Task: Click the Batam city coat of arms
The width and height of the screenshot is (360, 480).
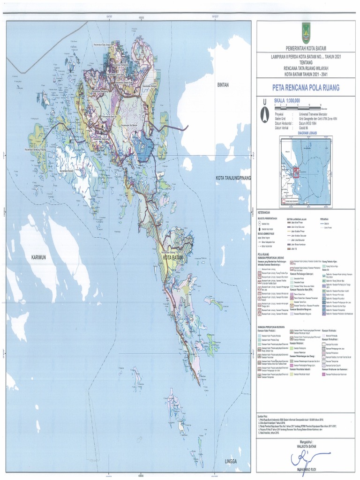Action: (306, 33)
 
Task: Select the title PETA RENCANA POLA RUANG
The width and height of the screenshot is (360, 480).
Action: (305, 88)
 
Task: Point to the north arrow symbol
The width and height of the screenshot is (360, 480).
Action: (265, 113)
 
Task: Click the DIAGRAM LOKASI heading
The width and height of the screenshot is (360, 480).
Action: (305, 133)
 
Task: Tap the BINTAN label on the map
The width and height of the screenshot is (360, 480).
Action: (224, 85)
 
